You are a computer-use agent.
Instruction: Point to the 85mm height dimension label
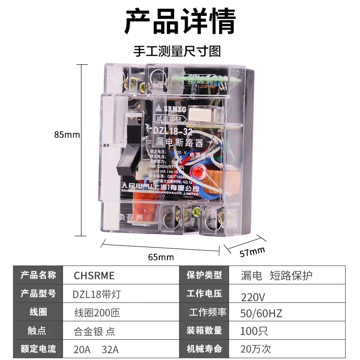[67, 135]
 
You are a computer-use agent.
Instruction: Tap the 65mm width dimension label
[161, 257]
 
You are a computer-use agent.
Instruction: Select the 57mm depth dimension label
[252, 252]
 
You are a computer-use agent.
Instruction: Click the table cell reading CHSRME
[94, 275]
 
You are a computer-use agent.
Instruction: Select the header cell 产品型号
[38, 293]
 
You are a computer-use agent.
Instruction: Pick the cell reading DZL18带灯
[97, 294]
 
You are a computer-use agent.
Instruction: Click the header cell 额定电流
[38, 348]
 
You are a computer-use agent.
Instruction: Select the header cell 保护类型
[204, 275]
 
